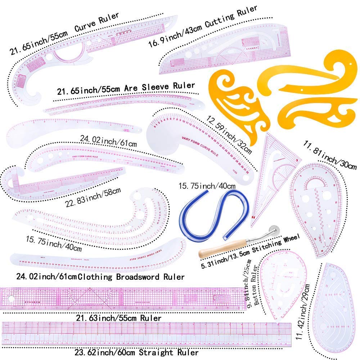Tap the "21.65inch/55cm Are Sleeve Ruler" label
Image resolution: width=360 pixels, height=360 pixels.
coord(126,89)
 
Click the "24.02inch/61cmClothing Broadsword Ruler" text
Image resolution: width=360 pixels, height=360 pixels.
coord(100,277)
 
